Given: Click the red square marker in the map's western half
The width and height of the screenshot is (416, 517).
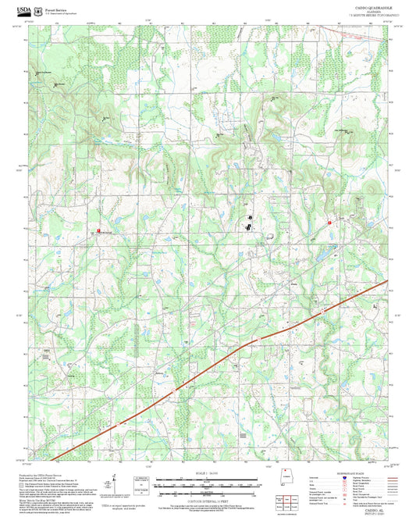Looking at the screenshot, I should tap(98, 230).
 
